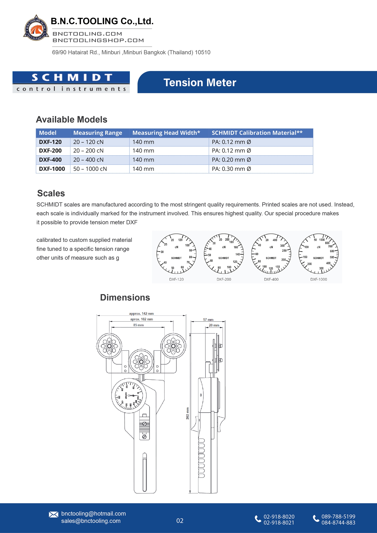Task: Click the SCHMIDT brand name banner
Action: (71, 77)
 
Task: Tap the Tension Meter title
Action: (200, 83)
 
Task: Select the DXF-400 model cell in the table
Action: (51, 160)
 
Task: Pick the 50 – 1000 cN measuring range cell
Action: (90, 169)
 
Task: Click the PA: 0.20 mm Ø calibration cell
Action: (231, 160)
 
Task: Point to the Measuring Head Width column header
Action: (166, 133)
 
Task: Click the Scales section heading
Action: (51, 193)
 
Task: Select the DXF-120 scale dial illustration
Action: (176, 254)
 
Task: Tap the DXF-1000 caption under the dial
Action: (318, 279)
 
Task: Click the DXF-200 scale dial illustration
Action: (224, 254)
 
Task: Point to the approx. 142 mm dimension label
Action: (141, 313)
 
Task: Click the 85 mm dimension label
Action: (138, 325)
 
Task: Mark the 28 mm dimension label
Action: (214, 325)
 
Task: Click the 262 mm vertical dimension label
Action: (187, 413)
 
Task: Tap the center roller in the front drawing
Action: (141, 362)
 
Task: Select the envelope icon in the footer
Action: (54, 515)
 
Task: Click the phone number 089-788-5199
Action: (338, 516)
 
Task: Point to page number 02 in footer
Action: (180, 521)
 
